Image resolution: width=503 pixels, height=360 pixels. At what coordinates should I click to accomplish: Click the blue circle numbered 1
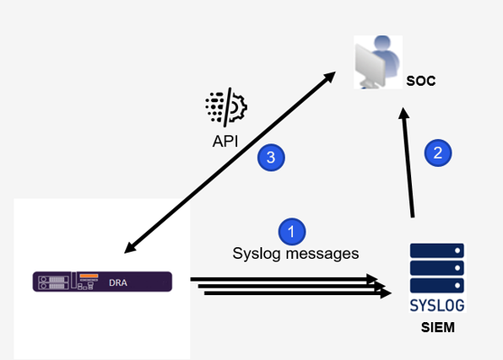[x=290, y=232]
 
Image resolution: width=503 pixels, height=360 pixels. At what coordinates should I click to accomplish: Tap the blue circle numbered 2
[x=437, y=152]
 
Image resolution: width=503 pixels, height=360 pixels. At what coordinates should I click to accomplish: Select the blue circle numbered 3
[x=270, y=158]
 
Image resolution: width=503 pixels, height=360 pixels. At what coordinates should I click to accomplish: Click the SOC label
[x=420, y=80]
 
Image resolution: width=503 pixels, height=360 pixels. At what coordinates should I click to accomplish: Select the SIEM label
[x=437, y=328]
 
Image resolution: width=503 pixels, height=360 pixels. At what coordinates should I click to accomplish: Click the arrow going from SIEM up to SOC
[x=407, y=162]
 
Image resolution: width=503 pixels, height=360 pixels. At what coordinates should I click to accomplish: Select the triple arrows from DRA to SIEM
[x=288, y=286]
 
